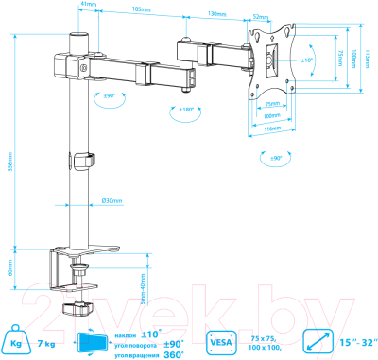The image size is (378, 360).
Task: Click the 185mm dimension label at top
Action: point(142,9)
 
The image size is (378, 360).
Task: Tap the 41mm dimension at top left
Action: point(88,5)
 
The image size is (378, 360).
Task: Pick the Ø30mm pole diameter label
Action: point(112,200)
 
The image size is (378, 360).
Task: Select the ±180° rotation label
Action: point(188,110)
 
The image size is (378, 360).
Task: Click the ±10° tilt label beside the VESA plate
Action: point(304,60)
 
